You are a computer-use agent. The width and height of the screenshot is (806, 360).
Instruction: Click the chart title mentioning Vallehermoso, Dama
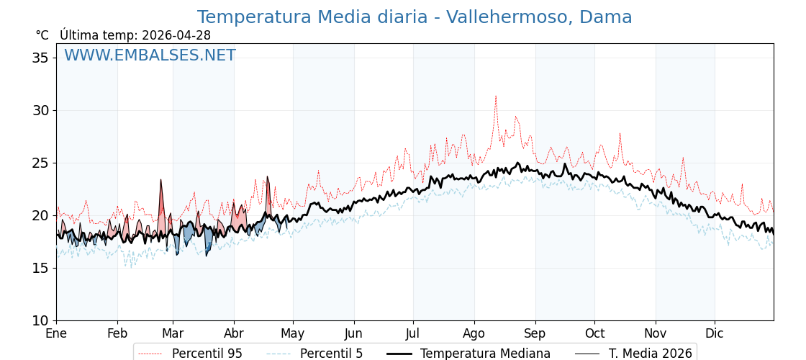tap(415, 17)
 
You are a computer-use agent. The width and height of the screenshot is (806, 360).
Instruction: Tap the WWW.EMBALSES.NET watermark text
tap(150, 55)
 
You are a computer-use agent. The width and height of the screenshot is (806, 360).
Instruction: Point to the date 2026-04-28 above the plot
tap(176, 35)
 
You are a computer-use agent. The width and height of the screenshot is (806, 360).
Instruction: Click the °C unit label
tap(42, 35)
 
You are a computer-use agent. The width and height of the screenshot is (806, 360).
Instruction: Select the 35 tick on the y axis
tap(40, 58)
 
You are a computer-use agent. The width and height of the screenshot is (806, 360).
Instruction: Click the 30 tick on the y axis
tap(40, 110)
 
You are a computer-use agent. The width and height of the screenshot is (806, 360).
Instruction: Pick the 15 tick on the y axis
tap(40, 268)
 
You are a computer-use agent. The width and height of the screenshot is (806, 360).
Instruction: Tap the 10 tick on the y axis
tap(40, 320)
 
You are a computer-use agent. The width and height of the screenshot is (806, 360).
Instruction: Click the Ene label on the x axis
tap(56, 333)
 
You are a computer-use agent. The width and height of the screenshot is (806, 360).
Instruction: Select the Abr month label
tap(234, 333)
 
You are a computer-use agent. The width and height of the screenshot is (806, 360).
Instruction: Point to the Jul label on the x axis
tap(413, 333)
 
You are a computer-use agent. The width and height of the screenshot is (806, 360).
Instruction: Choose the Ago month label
tap(474, 333)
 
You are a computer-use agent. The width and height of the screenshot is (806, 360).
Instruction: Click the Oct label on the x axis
tap(594, 333)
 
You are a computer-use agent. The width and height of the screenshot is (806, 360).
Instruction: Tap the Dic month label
tap(715, 333)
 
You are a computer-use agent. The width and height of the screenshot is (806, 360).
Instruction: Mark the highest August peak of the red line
tap(495, 96)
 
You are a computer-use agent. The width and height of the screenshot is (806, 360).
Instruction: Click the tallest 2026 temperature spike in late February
tap(160, 180)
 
